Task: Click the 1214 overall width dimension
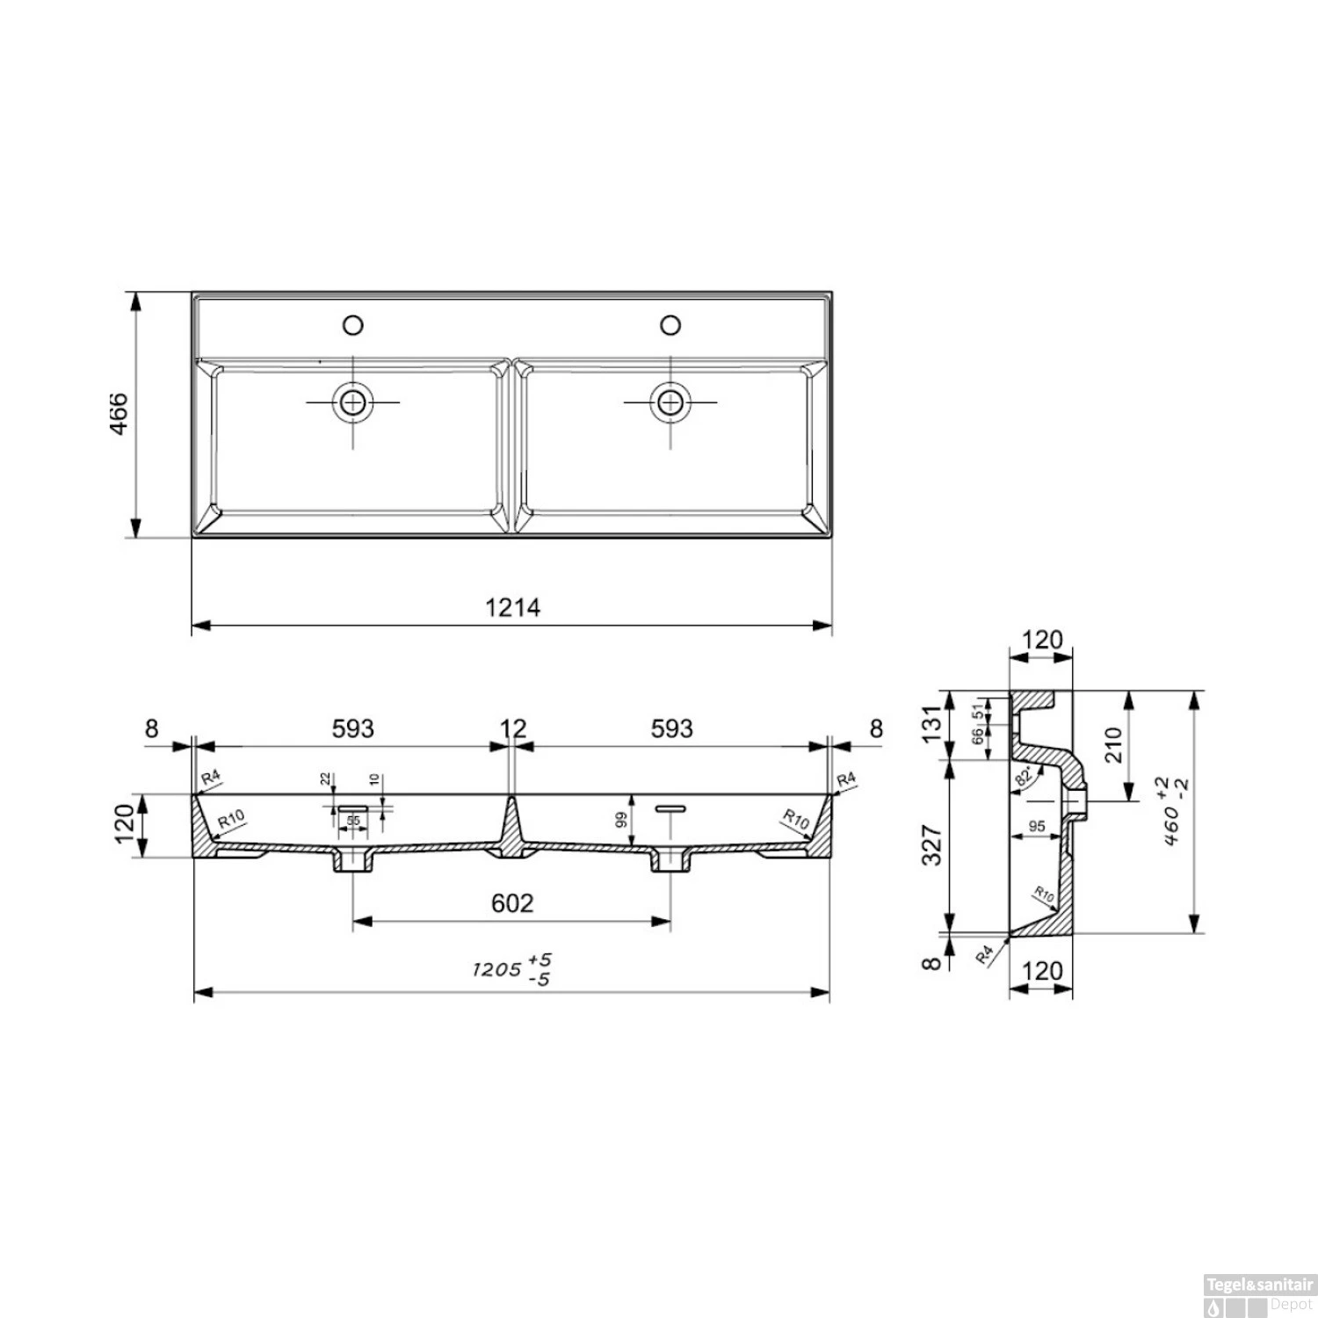coord(512,607)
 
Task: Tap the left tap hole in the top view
coord(352,326)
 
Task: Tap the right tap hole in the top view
coord(670,326)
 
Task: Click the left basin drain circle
coord(352,402)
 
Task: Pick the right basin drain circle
coord(670,402)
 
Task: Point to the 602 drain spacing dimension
coord(512,903)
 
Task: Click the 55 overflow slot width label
coord(353,821)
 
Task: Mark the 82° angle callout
coord(1024,778)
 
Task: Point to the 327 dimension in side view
coord(932,845)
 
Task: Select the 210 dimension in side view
coord(1113,745)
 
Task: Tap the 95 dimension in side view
coord(1037,826)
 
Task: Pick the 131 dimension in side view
coord(932,724)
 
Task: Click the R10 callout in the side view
coord(1043,894)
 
